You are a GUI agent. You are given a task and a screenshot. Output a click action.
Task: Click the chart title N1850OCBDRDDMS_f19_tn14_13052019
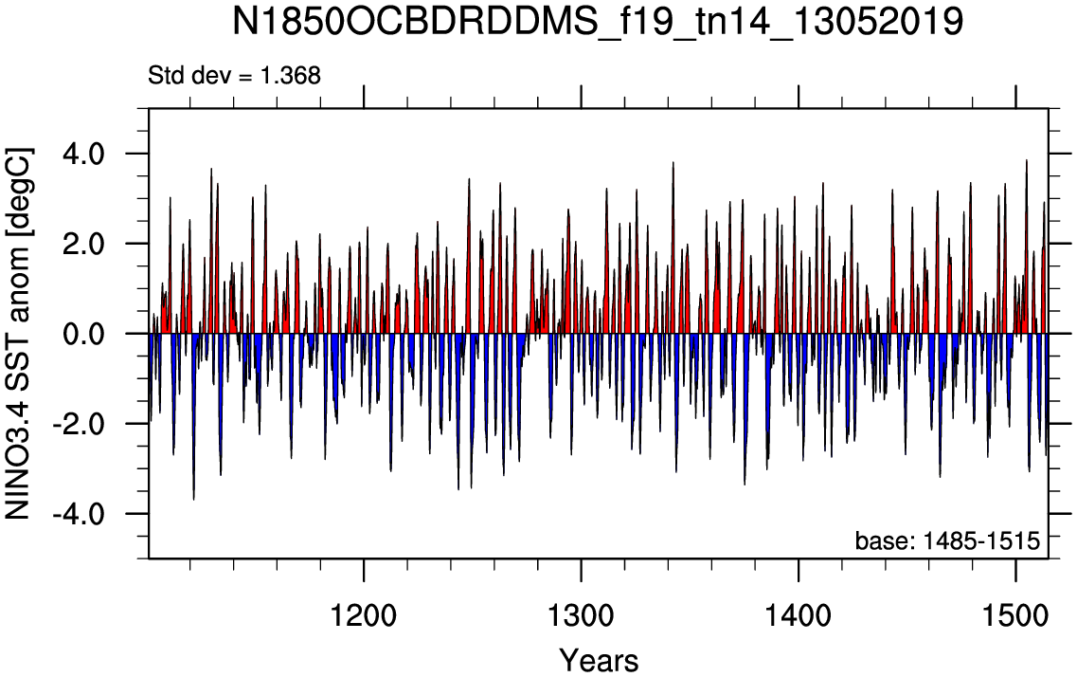pos(598,23)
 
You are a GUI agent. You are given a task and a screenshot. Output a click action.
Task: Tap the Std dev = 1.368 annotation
pos(234,75)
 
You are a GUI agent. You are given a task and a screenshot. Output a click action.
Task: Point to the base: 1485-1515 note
pos(947,540)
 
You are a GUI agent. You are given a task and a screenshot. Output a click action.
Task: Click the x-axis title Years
pos(599,660)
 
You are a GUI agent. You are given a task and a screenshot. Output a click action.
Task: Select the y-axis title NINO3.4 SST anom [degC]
pos(18,333)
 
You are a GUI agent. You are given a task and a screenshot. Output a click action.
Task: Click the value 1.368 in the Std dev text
pos(290,75)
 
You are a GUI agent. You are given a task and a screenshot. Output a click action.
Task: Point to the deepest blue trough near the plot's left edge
pos(193,499)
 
